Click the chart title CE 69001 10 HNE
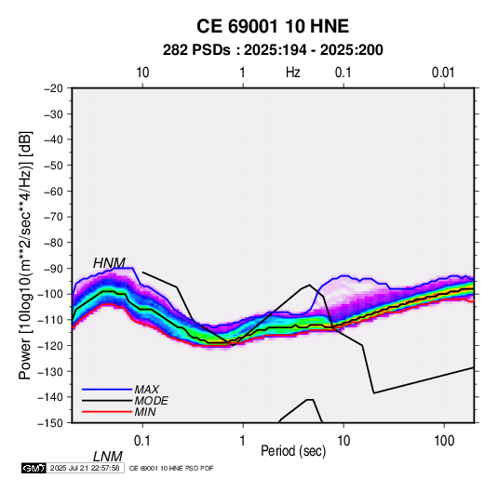click(273, 26)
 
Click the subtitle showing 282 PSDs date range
click(273, 50)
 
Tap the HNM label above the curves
click(109, 263)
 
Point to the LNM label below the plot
click(108, 457)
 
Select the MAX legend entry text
click(147, 389)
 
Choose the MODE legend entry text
click(151, 401)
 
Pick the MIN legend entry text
click(145, 412)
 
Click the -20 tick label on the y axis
click(53, 88)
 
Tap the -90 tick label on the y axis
click(53, 268)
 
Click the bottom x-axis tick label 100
click(444, 441)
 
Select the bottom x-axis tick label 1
click(243, 441)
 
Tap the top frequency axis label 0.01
click(443, 73)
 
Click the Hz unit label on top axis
click(293, 73)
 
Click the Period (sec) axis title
click(293, 451)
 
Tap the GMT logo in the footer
click(34, 468)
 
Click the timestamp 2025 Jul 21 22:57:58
click(85, 468)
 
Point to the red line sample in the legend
click(107, 412)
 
